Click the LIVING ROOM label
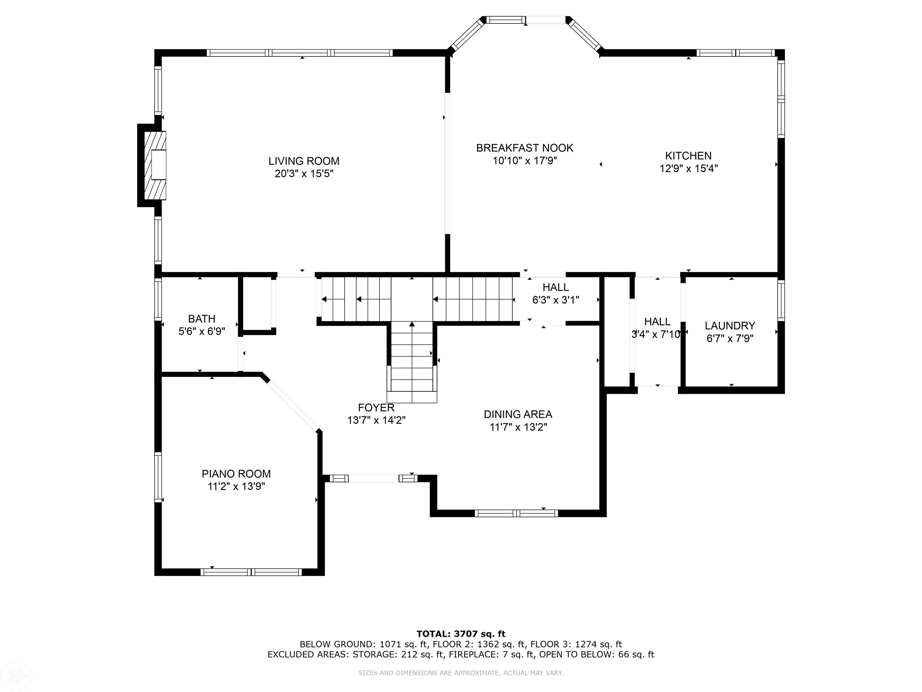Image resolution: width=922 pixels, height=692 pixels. tap(304, 161)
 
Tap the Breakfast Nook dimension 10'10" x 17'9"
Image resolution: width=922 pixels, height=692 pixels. tap(525, 161)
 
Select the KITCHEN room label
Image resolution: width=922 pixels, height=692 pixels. tap(688, 156)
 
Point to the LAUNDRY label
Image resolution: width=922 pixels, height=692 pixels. tap(730, 326)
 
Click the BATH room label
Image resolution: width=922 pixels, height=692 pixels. tap(202, 319)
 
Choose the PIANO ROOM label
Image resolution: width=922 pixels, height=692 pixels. tap(236, 474)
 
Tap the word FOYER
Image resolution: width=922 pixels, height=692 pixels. tap(376, 408)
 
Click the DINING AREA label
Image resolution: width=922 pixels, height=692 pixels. tap(518, 414)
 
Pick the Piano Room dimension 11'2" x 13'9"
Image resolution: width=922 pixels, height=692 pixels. tap(236, 486)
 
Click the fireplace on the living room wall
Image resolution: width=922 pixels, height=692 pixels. tap(155, 165)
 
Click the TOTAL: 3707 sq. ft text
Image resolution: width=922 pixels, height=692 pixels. tap(461, 634)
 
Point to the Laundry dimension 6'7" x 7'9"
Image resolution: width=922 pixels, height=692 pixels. tap(730, 338)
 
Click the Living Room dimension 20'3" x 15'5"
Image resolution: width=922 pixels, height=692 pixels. tap(304, 174)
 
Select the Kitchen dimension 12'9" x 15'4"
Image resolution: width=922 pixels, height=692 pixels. tap(688, 168)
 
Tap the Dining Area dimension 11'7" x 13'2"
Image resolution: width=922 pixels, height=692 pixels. tap(518, 427)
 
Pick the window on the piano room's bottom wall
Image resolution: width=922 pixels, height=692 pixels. tap(251, 572)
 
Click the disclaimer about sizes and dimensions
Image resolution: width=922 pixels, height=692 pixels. tap(461, 673)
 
